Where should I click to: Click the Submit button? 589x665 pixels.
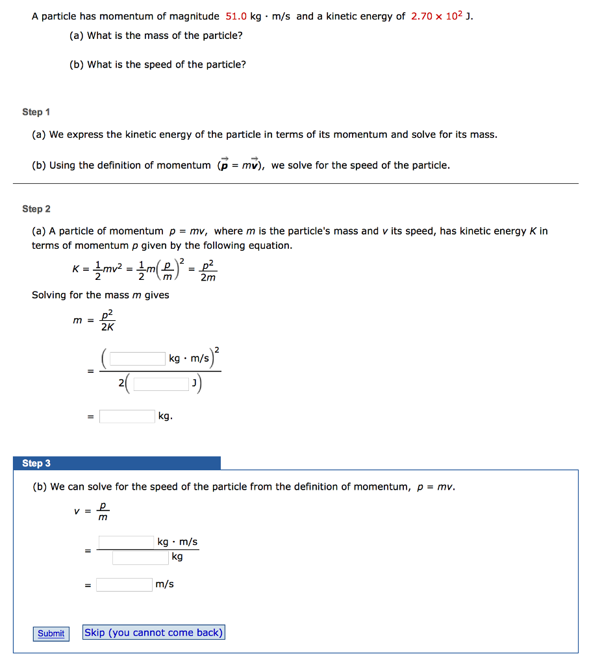pos(51,633)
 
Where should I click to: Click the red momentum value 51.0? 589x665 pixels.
pos(236,16)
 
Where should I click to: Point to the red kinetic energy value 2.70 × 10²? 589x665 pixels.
pos(437,16)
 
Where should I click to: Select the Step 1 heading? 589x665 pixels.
pos(36,112)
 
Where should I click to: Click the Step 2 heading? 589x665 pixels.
pos(36,209)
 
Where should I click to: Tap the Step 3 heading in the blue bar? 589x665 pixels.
pos(36,463)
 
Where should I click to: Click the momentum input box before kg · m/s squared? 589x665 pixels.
pos(138,358)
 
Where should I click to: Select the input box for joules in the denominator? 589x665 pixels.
pos(162,384)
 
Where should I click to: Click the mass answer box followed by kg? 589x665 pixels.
pos(127,416)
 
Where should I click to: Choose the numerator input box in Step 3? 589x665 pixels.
pos(126,542)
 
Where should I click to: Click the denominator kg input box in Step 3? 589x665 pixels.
pos(140,557)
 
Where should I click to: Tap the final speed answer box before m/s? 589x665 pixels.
pos(125,584)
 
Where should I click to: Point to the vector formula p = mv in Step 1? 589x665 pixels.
pos(240,165)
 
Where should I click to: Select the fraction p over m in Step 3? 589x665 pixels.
pos(102,510)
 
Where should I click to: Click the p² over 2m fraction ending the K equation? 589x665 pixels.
pos(208,271)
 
